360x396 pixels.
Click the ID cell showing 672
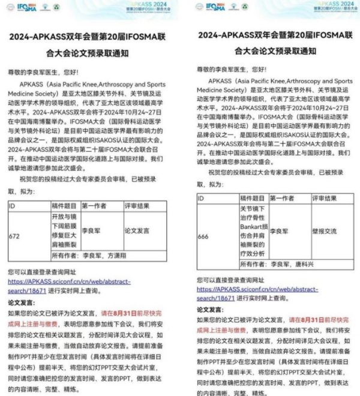14,236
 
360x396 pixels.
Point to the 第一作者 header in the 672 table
96,206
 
